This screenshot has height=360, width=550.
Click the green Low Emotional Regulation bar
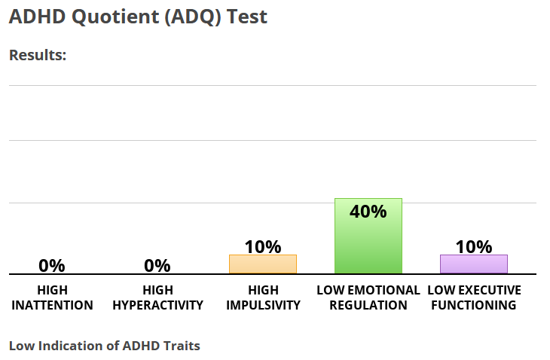point(368,236)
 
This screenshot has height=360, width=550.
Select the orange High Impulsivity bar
point(263,264)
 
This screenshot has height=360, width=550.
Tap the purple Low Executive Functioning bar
point(474,264)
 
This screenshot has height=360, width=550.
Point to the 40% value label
point(368,212)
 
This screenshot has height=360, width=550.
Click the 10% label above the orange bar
point(263,247)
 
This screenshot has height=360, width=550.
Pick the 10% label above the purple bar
point(474,247)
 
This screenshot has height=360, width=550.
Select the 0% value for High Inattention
point(52,266)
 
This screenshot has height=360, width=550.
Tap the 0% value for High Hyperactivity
point(157,266)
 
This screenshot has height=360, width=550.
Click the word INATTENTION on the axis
point(52,305)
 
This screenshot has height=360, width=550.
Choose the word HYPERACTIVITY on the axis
point(158,305)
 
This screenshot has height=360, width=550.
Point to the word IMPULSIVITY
point(264,305)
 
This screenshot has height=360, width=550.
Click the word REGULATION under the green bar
point(368,305)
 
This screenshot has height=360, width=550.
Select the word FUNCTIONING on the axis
point(474,305)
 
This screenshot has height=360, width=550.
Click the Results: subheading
point(38,55)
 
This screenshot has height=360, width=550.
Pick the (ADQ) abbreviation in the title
point(193,17)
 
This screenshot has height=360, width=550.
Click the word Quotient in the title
point(115,17)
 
